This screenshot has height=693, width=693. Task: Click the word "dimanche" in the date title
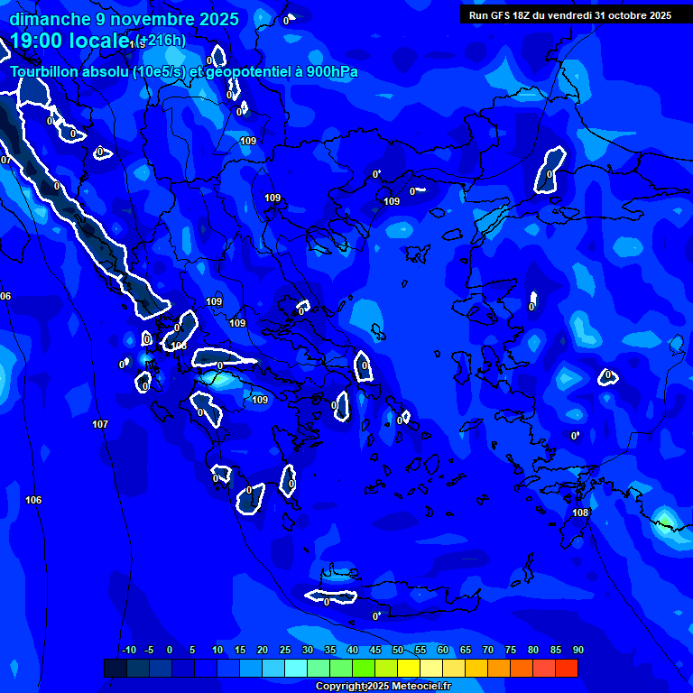pyautogui.click(x=50, y=19)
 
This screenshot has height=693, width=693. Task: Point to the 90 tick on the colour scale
pyautogui.click(x=577, y=650)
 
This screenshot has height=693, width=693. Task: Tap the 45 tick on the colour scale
pyautogui.click(x=374, y=650)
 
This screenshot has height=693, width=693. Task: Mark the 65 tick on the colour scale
pyautogui.click(x=465, y=650)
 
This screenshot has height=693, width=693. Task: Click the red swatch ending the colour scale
pyautogui.click(x=567, y=668)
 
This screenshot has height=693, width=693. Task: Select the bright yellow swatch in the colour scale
pyautogui.click(x=409, y=668)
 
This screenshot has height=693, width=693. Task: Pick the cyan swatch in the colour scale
pyautogui.click(x=296, y=668)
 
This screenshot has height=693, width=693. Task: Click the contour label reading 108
pyautogui.click(x=580, y=513)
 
